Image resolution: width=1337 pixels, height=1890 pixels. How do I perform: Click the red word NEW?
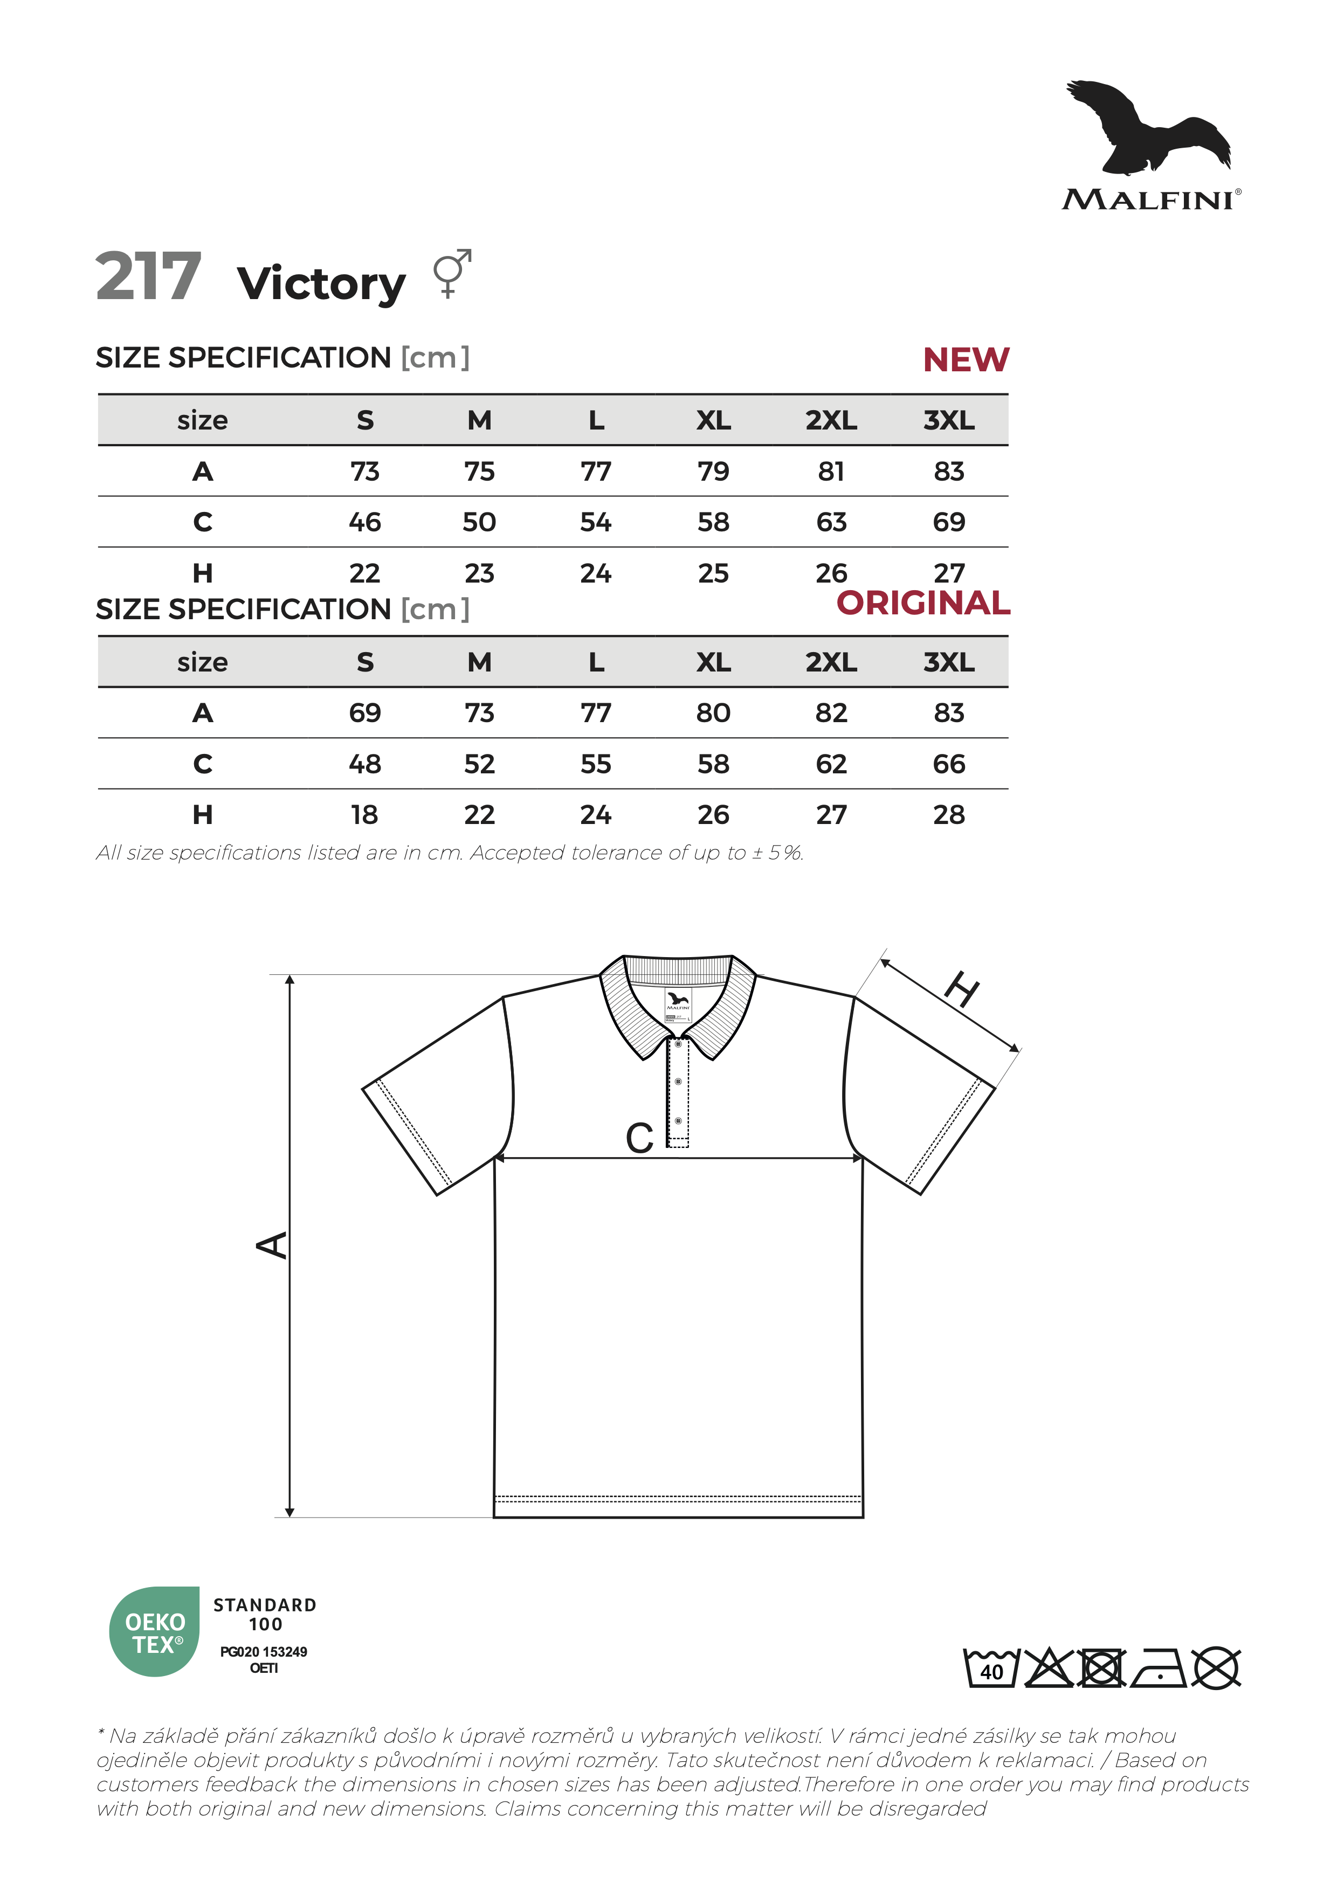coord(965,359)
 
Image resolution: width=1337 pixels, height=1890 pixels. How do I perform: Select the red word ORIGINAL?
coord(923,604)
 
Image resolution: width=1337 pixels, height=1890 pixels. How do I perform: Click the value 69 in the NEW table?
coord(948,522)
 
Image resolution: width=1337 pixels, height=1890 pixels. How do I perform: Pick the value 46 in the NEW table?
coord(365,522)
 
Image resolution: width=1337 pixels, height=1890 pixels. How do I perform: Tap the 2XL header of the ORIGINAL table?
coord(831,662)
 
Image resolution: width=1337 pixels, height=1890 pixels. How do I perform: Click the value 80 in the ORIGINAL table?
coord(713,713)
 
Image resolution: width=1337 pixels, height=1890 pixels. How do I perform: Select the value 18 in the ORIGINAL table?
coord(365,815)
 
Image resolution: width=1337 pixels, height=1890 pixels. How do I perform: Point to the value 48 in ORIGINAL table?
coord(365,764)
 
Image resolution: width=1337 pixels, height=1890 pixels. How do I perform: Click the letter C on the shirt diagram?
coord(640,1138)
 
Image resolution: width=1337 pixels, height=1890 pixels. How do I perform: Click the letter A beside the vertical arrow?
coord(272,1244)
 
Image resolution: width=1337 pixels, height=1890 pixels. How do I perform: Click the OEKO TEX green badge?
coord(155,1632)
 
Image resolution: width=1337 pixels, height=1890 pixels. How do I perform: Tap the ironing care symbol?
coord(1159,1669)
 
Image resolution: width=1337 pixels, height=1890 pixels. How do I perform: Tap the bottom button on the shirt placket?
coord(678,1120)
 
